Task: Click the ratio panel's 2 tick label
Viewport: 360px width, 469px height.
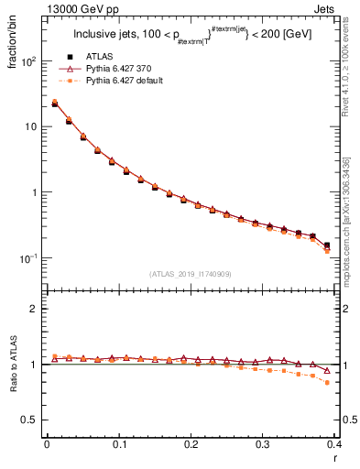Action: click(x=35, y=309)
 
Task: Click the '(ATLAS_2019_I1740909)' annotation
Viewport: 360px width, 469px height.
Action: click(x=191, y=274)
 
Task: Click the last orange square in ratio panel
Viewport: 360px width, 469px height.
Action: click(x=327, y=382)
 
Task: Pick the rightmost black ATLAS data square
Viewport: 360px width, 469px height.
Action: click(x=327, y=245)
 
